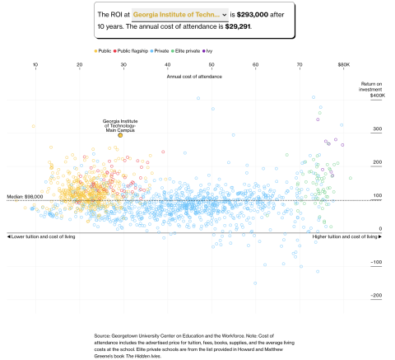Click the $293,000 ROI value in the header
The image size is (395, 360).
259,15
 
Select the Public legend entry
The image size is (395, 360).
104,51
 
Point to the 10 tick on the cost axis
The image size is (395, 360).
35,64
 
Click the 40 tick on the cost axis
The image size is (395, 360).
168,64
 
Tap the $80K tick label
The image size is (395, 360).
343,64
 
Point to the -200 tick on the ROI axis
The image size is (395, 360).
376,295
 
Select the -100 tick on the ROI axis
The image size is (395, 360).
376,262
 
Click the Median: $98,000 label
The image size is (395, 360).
25,196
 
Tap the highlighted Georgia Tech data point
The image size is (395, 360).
120,134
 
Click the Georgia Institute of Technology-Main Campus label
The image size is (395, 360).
120,125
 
